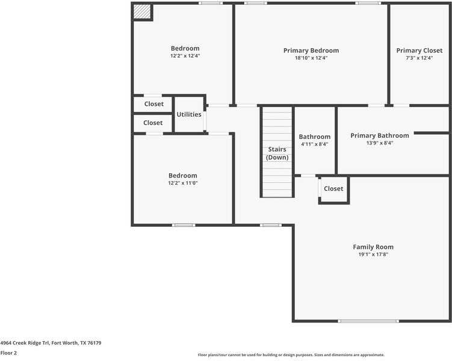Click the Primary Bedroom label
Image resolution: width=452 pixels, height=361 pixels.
click(x=311, y=51)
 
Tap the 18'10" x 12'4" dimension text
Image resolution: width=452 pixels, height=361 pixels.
click(x=311, y=58)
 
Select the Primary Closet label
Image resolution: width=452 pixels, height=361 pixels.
click(x=419, y=51)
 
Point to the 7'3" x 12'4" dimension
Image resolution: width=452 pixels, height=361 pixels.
click(x=419, y=58)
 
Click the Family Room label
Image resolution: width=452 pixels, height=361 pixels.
click(x=373, y=247)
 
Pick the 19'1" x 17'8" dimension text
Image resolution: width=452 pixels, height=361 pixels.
click(x=373, y=255)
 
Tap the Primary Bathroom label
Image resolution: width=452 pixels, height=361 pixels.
click(x=379, y=135)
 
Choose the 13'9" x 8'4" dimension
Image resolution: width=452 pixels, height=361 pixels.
click(x=379, y=143)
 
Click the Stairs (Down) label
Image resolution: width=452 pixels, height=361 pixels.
click(x=277, y=153)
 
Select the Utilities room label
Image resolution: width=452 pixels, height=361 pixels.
click(x=188, y=114)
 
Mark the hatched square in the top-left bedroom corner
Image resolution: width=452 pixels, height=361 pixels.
click(x=142, y=11)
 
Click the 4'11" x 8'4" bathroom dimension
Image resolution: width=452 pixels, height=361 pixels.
click(x=314, y=144)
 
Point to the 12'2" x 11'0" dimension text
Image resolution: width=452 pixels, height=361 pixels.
click(x=182, y=183)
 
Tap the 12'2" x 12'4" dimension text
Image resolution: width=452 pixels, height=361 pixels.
click(x=185, y=56)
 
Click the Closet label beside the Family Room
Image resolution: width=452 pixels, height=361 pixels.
click(x=333, y=188)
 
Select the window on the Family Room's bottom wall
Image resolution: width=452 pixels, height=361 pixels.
click(x=368, y=321)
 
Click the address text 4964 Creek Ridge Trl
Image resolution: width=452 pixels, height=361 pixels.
click(x=51, y=343)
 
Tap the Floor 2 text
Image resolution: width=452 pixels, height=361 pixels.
click(x=8, y=353)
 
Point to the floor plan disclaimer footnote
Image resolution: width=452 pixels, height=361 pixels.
click(x=291, y=355)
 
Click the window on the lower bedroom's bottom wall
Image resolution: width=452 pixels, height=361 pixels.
click(x=183, y=225)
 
